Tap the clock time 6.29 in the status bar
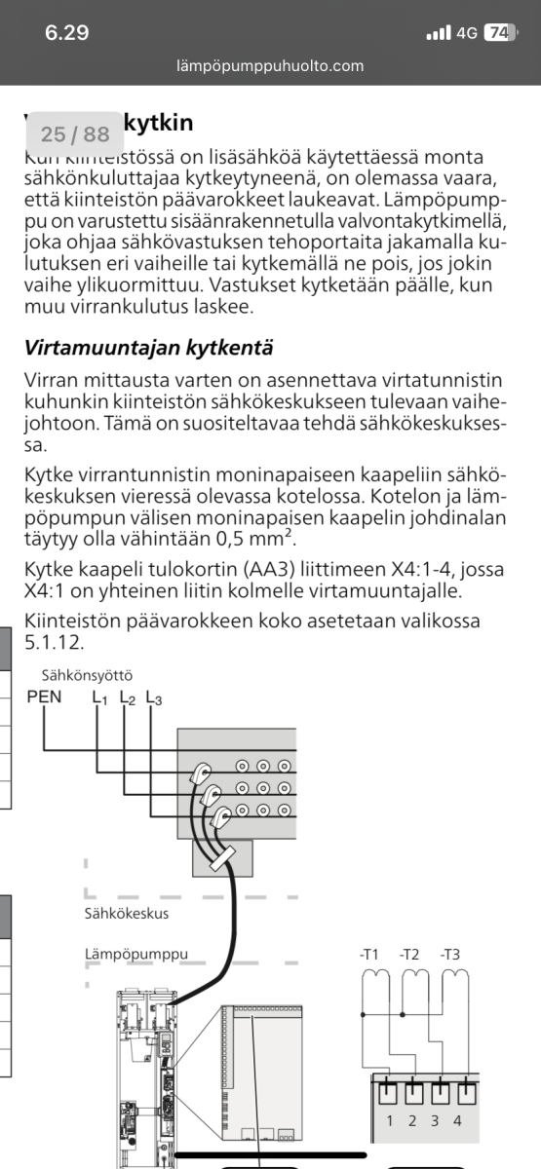click(x=66, y=32)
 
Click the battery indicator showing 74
click(x=498, y=32)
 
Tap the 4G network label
click(x=466, y=32)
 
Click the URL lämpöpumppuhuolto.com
click(x=270, y=66)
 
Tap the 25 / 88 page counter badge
click(x=75, y=133)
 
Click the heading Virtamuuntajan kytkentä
click(x=148, y=347)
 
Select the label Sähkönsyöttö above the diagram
click(x=87, y=674)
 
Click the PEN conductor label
click(x=44, y=698)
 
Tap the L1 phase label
click(x=100, y=698)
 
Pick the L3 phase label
click(x=154, y=698)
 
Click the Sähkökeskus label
click(x=126, y=915)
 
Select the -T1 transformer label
click(x=368, y=954)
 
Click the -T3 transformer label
click(x=449, y=954)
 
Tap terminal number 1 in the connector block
click(x=390, y=1120)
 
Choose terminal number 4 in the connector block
click(x=457, y=1120)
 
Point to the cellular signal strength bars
click(x=439, y=32)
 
